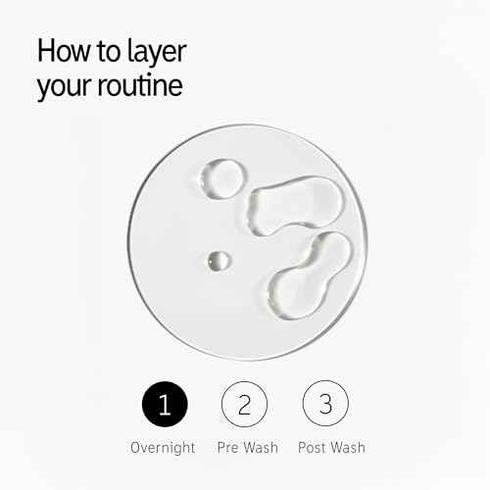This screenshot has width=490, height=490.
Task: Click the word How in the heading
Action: point(64,51)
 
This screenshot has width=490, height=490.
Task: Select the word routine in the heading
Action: point(140,85)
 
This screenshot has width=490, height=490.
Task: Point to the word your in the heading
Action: point(65,89)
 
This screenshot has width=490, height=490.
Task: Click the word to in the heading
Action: point(109,52)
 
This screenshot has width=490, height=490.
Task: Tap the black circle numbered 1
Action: point(165,404)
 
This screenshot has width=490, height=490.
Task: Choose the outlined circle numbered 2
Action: point(244,404)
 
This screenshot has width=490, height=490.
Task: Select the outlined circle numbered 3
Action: point(325,404)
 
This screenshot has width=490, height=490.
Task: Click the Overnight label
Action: point(163,448)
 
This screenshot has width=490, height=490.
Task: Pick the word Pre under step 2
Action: point(228,447)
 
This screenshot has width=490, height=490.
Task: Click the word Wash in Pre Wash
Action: point(262,447)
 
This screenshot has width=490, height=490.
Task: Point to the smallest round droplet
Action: point(220,261)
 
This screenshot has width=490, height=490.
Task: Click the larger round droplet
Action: point(223,179)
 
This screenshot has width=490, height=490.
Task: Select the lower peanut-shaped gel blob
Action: point(310,276)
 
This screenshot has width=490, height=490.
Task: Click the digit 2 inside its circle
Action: point(244,405)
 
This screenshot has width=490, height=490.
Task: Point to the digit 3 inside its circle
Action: point(325,404)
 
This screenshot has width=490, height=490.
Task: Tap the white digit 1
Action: point(165,405)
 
